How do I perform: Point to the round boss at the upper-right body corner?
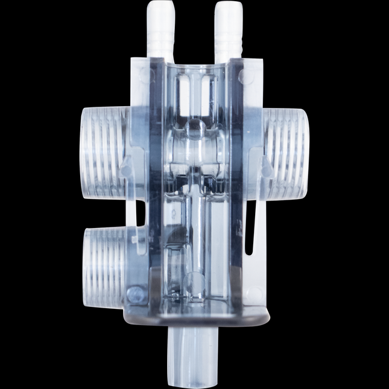[241, 77]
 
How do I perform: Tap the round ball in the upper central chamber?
[194, 128]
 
